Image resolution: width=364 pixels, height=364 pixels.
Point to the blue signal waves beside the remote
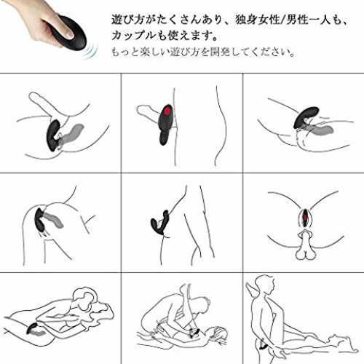[x=90, y=52]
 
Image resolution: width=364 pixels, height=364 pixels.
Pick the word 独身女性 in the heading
[x=257, y=20]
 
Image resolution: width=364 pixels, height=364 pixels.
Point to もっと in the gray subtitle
[x=124, y=52]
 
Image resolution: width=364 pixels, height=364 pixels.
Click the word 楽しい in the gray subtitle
[x=154, y=52]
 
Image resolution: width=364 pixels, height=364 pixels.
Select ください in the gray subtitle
[x=269, y=52]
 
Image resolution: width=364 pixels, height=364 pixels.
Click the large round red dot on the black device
[x=167, y=111]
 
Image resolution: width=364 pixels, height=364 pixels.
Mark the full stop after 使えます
[x=214, y=39]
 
